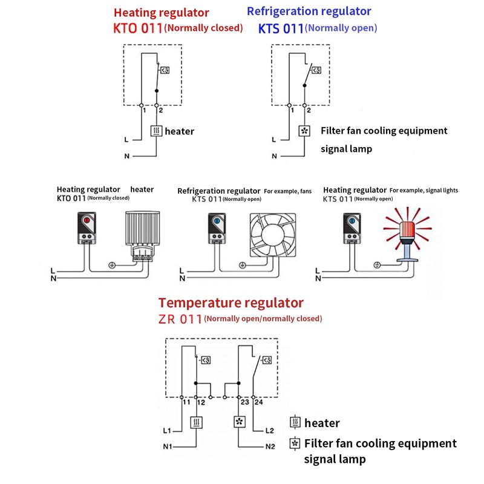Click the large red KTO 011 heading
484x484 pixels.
click(138, 28)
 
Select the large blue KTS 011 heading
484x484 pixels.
click(281, 28)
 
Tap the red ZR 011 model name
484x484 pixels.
click(180, 319)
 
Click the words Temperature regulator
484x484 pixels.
click(231, 302)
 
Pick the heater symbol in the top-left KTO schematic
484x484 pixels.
click(157, 131)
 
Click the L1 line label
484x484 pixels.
click(167, 431)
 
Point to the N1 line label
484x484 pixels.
click(167, 448)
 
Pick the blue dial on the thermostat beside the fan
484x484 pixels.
click(216, 222)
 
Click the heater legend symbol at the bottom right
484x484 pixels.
click(296, 422)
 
